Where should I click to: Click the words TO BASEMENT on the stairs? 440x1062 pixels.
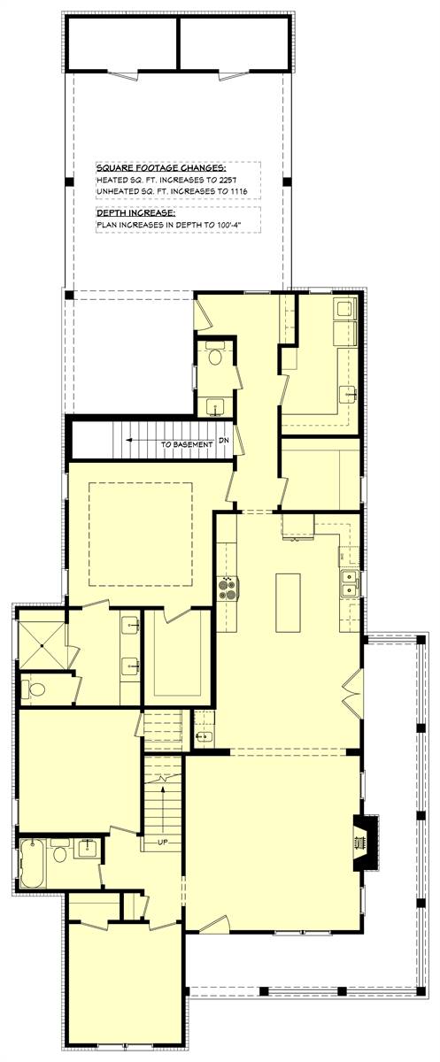pos(186,444)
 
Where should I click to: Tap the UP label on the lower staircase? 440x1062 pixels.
pos(163,842)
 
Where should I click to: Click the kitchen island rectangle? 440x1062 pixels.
pos(288,603)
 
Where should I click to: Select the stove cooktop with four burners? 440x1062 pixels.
pos(228,589)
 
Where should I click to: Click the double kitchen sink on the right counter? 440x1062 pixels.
pos(350,583)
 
